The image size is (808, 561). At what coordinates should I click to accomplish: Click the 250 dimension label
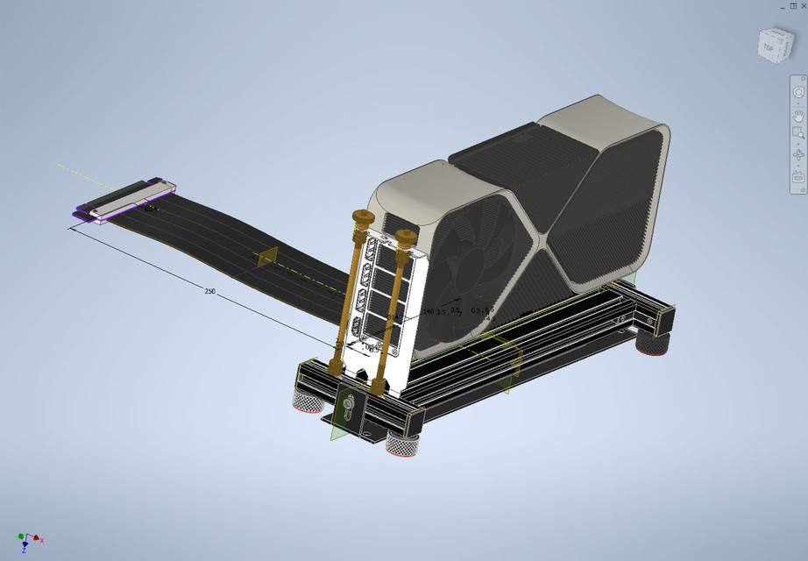pos(209,290)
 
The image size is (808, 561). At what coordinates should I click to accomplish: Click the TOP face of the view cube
pos(768,46)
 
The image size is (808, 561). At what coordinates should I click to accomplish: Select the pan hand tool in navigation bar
pos(798,114)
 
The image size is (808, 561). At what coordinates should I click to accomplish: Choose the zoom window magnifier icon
pos(798,134)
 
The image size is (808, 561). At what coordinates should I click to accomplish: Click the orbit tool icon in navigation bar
pos(798,155)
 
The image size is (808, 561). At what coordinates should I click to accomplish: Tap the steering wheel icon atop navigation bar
pos(798,93)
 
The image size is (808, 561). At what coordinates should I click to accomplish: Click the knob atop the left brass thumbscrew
pos(362,217)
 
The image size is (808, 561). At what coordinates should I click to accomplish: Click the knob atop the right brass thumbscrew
pos(405,235)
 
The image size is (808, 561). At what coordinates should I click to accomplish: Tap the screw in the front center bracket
pos(349,404)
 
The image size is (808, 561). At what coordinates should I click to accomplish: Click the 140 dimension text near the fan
pos(429,311)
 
